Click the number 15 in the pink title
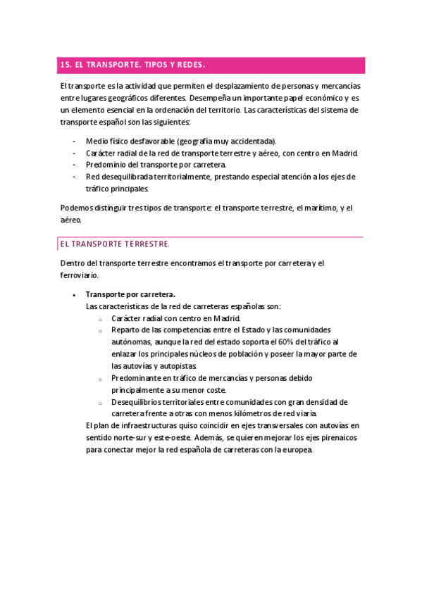click(66, 65)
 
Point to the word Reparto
click(125, 329)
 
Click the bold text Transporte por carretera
click(130, 294)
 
